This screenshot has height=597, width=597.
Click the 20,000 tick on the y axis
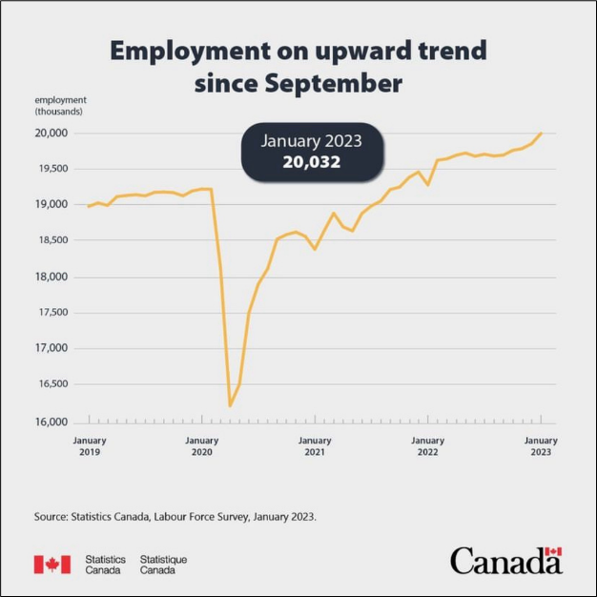51,133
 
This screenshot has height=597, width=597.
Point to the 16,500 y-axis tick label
51,384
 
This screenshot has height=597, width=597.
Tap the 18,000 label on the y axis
51,278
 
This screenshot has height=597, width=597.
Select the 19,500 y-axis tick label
51,169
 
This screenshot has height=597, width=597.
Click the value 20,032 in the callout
312,162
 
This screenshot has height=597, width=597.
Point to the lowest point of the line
231,406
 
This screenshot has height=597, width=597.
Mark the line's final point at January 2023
542,133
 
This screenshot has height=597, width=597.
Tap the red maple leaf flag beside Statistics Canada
52,565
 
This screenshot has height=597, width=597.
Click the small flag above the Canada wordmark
553,552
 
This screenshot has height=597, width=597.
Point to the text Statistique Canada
163,565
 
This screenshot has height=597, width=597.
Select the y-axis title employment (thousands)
59,105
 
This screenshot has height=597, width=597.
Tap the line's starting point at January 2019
88,206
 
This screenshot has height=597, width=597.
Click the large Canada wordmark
505,562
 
